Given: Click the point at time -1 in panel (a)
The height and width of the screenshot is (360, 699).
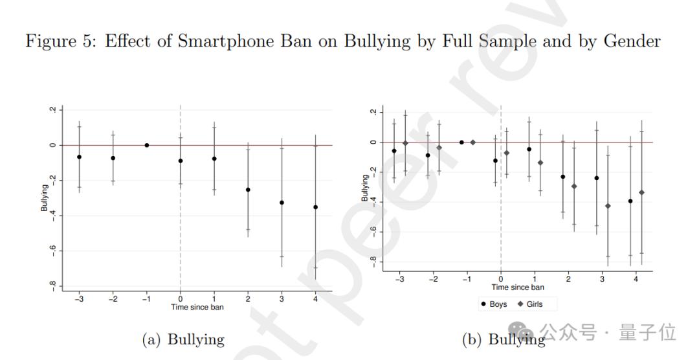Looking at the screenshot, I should (147, 145).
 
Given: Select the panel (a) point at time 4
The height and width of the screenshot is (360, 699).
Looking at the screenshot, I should (316, 207).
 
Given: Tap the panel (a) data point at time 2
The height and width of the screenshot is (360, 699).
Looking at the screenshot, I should (248, 190).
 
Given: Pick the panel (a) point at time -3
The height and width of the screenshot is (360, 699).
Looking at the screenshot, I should (79, 157).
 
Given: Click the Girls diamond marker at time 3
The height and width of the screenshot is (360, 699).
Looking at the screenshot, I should (608, 206).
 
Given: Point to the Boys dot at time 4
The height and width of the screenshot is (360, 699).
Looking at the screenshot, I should (630, 201).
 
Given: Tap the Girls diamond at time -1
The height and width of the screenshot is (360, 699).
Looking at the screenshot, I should (473, 142).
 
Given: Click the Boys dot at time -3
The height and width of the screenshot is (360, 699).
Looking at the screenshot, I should (394, 151).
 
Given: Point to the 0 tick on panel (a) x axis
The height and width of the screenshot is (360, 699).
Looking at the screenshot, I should (181, 300).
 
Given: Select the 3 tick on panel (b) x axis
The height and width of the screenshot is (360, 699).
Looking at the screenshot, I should (602, 280).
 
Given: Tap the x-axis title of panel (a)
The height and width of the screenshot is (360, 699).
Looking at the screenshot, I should (197, 307).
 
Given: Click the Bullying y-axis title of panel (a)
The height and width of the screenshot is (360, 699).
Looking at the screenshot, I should (45, 197).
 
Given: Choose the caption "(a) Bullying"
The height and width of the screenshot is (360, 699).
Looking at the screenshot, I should (183, 339).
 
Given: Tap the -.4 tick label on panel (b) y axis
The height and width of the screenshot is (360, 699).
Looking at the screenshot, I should (373, 201).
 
